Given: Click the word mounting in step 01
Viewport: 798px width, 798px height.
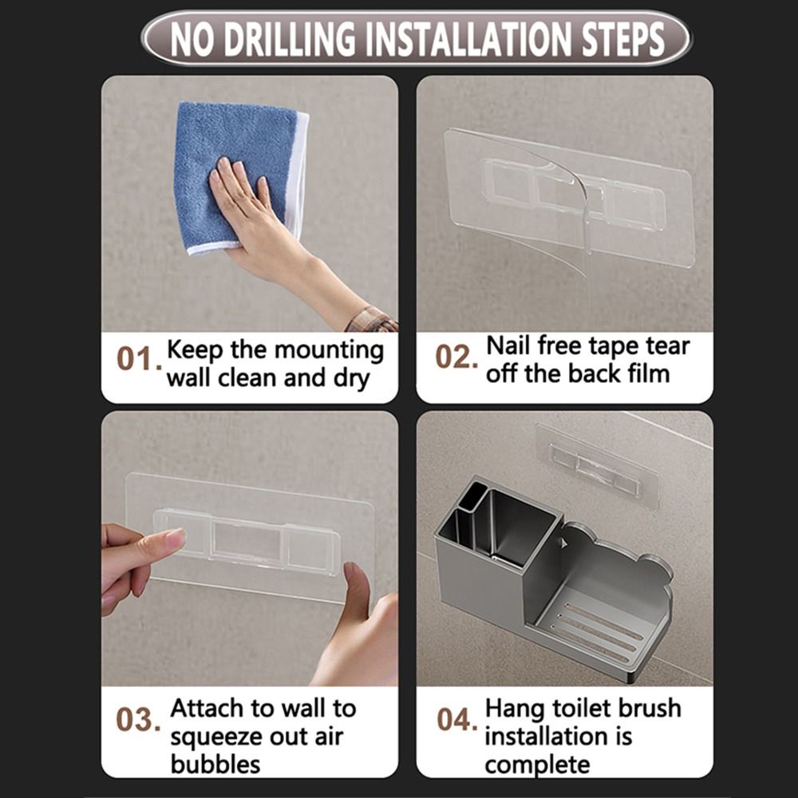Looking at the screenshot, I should coord(329,350).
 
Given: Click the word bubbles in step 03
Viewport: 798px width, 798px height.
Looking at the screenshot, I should coord(215,764).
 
